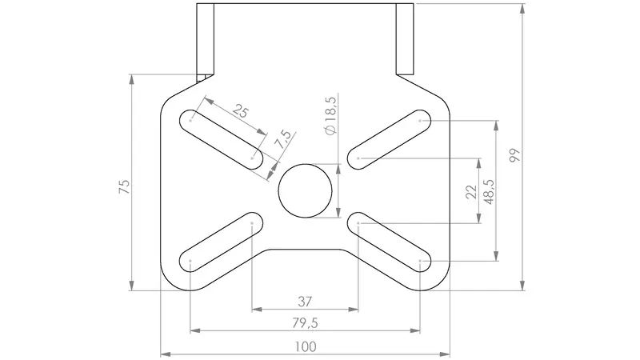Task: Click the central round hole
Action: click(305, 190)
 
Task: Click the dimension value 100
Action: click(306, 347)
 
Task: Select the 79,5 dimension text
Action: click(305, 323)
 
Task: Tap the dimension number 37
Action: click(305, 302)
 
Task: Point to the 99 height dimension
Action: click(515, 155)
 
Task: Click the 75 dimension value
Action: click(125, 186)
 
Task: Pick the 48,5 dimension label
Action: click(488, 192)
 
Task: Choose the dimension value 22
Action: click(471, 192)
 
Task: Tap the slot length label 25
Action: click(241, 110)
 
